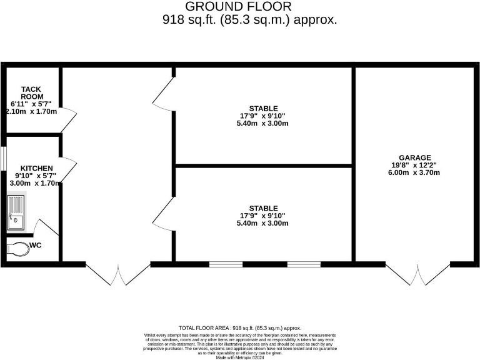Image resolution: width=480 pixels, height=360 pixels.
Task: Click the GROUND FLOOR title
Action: click(238, 7)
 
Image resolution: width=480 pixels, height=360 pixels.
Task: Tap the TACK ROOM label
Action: click(32, 93)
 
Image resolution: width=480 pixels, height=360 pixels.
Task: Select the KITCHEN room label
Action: click(36, 169)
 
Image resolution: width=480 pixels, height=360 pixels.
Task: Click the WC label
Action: click(36, 246)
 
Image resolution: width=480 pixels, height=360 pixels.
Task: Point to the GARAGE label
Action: click(415, 157)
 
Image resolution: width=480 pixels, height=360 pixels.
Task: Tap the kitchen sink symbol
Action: click(16, 212)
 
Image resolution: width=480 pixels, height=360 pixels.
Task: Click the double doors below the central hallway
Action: click(117, 274)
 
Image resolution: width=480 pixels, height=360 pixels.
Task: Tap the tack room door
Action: click(68, 119)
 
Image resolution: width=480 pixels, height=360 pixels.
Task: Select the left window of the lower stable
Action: click(226, 264)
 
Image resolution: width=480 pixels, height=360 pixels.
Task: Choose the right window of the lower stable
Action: click(304, 264)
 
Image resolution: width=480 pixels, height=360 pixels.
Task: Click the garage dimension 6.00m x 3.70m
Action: click(415, 172)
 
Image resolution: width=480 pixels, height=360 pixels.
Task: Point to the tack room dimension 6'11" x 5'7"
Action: click(32, 104)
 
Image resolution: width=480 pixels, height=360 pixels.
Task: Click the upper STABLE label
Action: click(263, 108)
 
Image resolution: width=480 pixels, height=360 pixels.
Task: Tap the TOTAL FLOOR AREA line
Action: click(240, 327)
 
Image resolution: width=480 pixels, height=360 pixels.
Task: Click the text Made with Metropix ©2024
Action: click(240, 357)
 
